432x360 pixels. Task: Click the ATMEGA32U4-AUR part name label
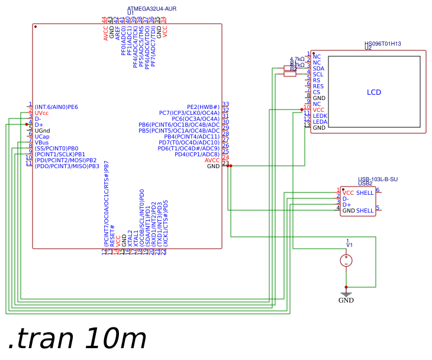click(151, 9)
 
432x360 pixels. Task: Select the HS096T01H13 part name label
click(382, 44)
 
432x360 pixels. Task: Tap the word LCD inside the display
click(374, 92)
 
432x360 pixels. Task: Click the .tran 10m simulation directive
click(77, 339)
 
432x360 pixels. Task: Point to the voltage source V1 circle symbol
click(346, 260)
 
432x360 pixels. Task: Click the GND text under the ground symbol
click(346, 300)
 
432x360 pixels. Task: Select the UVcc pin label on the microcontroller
click(41, 113)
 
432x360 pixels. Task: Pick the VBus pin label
click(41, 143)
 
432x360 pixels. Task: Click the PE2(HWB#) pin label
click(203, 107)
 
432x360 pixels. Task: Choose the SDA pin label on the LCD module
click(318, 69)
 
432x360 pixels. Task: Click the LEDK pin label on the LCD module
click(320, 116)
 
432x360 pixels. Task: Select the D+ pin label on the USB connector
click(347, 205)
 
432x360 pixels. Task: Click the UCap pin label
click(42, 137)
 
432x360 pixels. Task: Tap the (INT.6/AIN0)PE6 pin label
click(56, 107)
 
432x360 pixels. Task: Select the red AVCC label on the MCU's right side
click(212, 160)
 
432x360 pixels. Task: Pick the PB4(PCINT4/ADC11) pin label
click(192, 137)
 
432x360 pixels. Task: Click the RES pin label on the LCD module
click(318, 86)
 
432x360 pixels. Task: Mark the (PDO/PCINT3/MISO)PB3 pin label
click(66, 166)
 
